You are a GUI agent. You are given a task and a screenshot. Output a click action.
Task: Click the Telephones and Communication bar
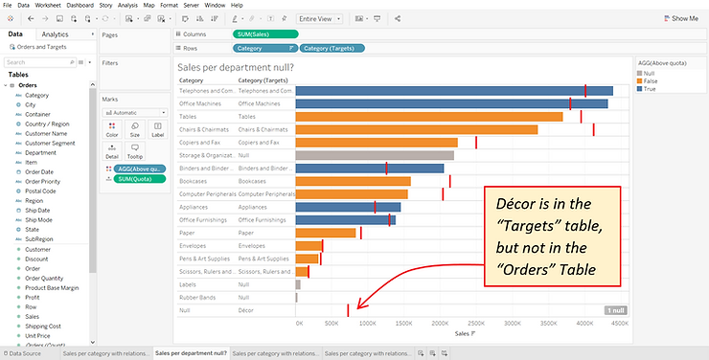[453, 91]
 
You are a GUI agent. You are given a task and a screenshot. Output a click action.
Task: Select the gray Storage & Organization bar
[375, 155]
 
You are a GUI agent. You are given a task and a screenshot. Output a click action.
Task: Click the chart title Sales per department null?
[236, 67]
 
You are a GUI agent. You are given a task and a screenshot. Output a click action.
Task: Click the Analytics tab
[55, 34]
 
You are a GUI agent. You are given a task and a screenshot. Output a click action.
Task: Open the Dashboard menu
[80, 5]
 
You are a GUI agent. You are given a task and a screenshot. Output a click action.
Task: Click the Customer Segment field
[51, 143]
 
